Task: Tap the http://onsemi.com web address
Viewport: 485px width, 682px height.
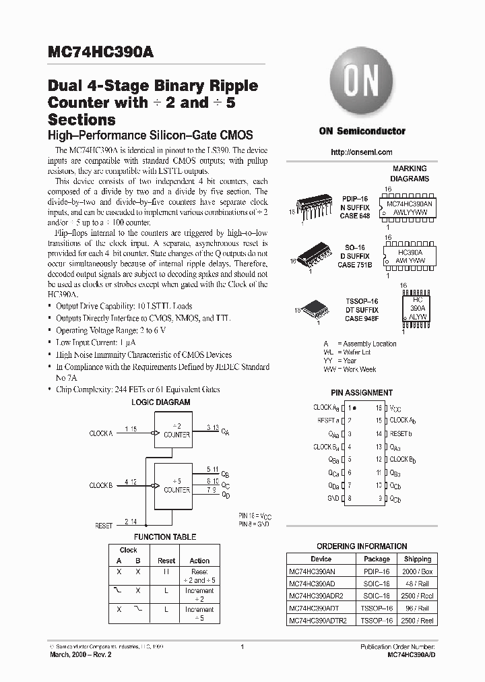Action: [362, 152]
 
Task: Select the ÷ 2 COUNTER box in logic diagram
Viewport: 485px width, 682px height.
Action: [176, 431]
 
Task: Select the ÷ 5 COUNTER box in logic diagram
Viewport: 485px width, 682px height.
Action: [176, 485]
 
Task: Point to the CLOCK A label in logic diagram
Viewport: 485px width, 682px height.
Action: [101, 433]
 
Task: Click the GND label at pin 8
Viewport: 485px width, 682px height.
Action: [333, 499]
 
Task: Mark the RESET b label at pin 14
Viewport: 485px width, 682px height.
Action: [401, 434]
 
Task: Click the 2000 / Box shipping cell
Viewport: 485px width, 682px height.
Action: [418, 571]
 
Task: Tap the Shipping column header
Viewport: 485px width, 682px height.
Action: [418, 559]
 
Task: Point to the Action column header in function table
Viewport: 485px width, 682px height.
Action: [199, 561]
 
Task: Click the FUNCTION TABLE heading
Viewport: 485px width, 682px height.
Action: [165, 537]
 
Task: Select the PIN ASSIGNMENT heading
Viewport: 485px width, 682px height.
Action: [362, 392]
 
